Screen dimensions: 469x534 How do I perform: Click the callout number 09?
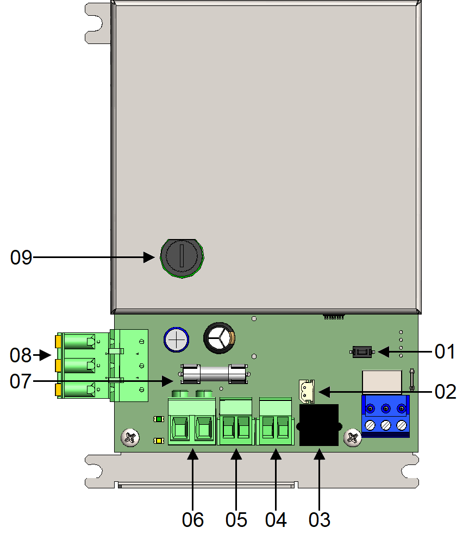point(21,257)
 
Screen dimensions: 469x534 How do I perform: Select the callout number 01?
point(445,351)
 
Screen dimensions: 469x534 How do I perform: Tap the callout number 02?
point(446,392)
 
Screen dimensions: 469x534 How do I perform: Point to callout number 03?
point(319,520)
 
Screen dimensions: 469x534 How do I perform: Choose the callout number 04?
point(276,520)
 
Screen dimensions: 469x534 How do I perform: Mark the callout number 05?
point(236,520)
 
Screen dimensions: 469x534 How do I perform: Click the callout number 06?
point(193,520)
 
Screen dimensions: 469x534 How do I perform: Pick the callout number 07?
point(21,381)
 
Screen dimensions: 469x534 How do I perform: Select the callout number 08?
point(21,355)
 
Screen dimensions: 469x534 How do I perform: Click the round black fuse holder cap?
point(182,258)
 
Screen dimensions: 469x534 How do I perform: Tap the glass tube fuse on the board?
point(214,374)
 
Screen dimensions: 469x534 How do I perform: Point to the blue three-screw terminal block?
point(385,416)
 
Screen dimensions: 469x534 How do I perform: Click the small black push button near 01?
point(362,352)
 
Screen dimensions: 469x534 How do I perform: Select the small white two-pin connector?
point(307,391)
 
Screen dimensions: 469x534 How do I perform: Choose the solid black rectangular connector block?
point(319,425)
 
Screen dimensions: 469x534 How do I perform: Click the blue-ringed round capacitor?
point(176,340)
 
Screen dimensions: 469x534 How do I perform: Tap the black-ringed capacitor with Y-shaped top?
point(220,338)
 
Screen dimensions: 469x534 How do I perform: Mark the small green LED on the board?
point(158,419)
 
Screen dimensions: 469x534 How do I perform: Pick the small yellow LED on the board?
point(158,441)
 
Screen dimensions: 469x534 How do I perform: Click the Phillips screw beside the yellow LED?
point(130,438)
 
